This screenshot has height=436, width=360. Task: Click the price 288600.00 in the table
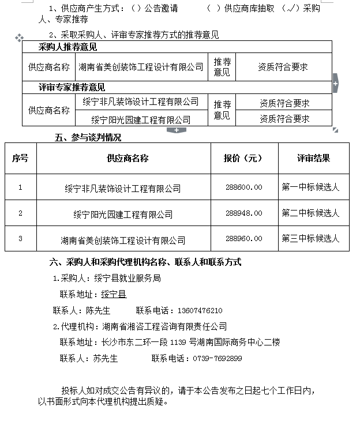[244, 187]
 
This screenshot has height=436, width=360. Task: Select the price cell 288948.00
[244, 213]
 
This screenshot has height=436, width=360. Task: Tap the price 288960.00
[244, 238]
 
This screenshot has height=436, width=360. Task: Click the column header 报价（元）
[243, 158]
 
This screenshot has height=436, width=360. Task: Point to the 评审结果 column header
[314, 158]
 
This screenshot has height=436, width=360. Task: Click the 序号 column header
[20, 158]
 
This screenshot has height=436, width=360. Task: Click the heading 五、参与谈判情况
[88, 138]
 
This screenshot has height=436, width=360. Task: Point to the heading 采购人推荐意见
[67, 47]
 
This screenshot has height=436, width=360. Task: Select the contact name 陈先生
[98, 310]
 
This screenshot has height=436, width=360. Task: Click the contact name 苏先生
[105, 358]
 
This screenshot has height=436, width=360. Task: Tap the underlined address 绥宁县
[114, 294]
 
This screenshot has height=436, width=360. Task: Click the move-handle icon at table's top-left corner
[19, 37]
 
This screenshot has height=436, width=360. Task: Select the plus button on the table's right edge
[335, 84]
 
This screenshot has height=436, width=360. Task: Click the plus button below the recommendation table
[176, 130]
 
